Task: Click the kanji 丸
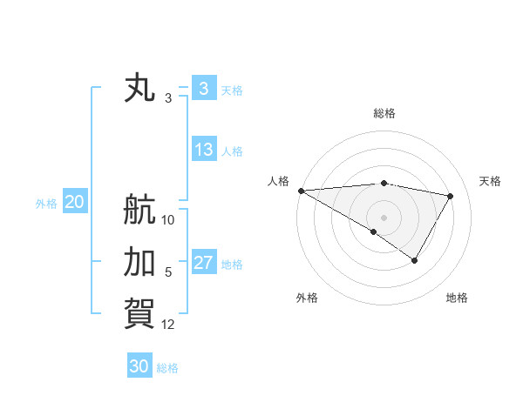140,89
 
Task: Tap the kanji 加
140,261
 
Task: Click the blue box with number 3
203,89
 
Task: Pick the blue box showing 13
203,150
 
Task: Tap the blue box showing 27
203,263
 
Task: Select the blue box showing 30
139,366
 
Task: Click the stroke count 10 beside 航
168,220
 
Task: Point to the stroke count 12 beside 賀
168,325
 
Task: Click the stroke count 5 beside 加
168,272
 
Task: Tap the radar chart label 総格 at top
384,113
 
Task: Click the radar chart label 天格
490,181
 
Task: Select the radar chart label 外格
306,298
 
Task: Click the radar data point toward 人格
301,190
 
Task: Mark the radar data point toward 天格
451,196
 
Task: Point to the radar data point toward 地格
415,260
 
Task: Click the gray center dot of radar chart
384,217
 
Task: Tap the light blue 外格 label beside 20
46,204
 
